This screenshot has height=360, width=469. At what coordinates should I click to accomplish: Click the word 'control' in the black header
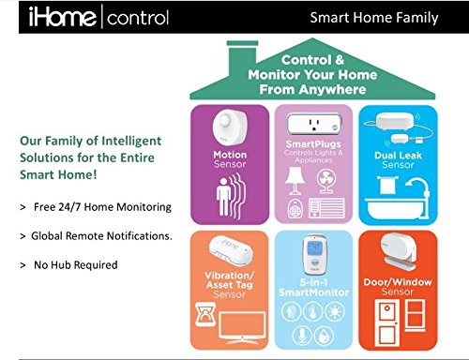tap(138, 16)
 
